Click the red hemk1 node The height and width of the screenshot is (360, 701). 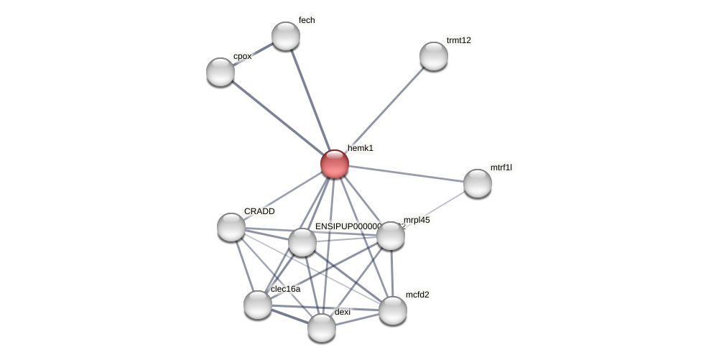[x=335, y=164]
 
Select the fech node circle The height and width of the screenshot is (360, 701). [x=286, y=36]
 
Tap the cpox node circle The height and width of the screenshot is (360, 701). [x=220, y=72]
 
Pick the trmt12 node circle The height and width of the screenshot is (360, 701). [x=434, y=56]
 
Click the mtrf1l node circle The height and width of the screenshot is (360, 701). [x=478, y=183]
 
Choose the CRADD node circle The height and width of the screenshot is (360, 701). [x=231, y=227]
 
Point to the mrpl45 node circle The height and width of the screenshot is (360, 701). [x=391, y=236]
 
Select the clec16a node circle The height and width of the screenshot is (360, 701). [x=258, y=305]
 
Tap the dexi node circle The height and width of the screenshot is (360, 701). [x=322, y=328]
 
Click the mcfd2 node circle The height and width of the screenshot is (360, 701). [x=393, y=310]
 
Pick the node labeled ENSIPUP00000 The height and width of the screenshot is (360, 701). [x=302, y=242]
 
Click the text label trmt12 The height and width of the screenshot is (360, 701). [x=459, y=40]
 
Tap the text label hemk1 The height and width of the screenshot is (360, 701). [x=361, y=148]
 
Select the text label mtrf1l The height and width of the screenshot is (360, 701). [x=501, y=167]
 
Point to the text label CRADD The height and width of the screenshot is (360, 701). [x=259, y=211]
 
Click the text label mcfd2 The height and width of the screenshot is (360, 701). [x=417, y=295]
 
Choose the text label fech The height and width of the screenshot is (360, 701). [x=307, y=20]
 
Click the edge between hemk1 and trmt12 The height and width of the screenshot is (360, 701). [x=384, y=110]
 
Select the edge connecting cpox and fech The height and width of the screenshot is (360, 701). [x=253, y=54]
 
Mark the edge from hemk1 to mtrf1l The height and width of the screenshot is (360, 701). [x=406, y=173]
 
